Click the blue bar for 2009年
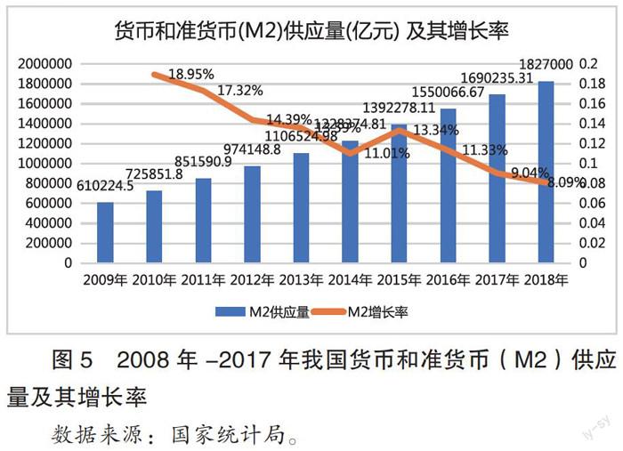point(105,232)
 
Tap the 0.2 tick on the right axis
point(589,64)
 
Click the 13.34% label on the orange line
point(437,130)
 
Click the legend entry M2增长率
point(378,311)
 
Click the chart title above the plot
point(311,32)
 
